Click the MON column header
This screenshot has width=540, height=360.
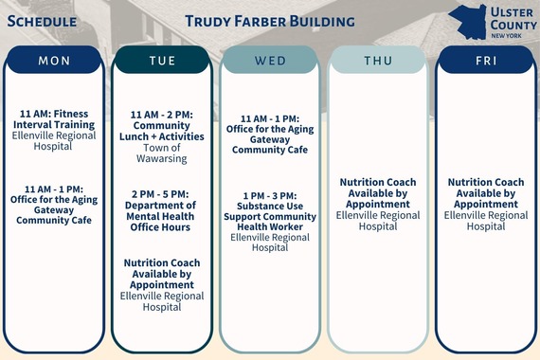54,61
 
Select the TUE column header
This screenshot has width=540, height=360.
162,61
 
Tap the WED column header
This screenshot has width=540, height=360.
270,61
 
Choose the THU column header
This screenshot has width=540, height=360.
378,61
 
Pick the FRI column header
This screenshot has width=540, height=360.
485,61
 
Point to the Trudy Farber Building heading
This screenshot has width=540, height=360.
270,20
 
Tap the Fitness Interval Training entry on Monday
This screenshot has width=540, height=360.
54,119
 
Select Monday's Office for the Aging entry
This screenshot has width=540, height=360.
54,205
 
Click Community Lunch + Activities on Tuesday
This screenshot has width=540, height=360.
162,125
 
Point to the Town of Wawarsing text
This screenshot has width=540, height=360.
162,153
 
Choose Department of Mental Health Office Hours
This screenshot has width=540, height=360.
162,210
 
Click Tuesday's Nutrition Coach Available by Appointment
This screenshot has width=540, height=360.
162,273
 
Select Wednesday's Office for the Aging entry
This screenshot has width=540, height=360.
270,135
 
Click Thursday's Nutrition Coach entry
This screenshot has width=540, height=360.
378,193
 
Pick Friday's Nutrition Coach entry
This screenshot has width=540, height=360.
485,193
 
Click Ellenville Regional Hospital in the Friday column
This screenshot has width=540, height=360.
485,221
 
